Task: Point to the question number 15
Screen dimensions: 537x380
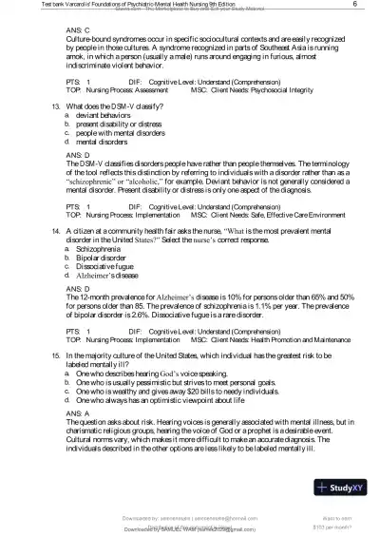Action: pyautogui.click(x=55, y=354)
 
